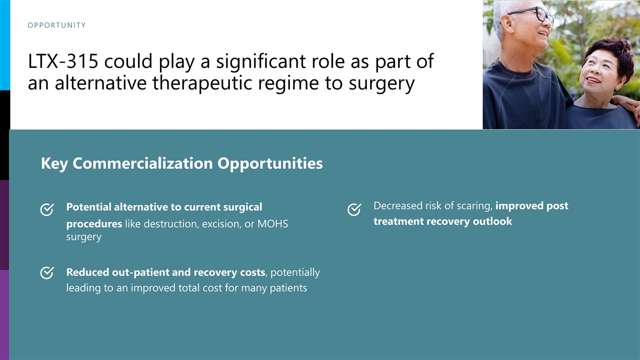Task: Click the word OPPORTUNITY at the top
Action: [x=56, y=25]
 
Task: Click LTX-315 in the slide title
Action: [x=63, y=61]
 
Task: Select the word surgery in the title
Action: [x=381, y=83]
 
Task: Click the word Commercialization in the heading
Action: [x=142, y=163]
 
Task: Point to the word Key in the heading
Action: [x=54, y=163]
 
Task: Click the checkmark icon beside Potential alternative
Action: [x=47, y=209]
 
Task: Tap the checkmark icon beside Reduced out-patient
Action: [x=47, y=272]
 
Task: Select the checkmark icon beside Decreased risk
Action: [x=354, y=209]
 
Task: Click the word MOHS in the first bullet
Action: [x=273, y=223]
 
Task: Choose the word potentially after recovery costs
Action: [x=295, y=272]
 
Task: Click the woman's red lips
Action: [x=593, y=80]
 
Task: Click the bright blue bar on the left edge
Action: [x=5, y=45]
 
